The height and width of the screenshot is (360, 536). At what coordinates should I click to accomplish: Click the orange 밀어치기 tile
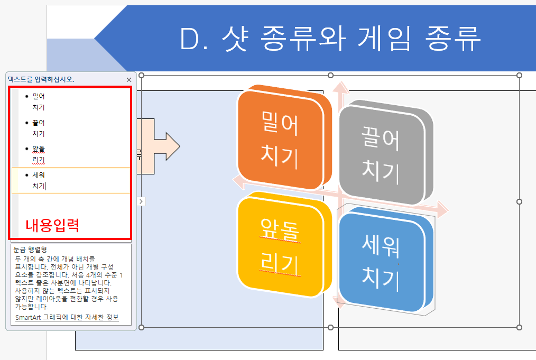[280, 139]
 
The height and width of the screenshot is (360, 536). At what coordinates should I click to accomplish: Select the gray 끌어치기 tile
[381, 153]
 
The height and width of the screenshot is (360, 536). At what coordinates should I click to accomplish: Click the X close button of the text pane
[129, 79]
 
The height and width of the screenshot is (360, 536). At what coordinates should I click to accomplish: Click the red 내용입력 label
[52, 226]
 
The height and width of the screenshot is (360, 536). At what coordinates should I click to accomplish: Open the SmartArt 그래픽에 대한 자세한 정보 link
[67, 317]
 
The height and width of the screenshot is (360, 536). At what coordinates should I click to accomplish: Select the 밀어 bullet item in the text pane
[39, 97]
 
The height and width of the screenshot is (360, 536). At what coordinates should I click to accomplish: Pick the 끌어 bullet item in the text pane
[39, 123]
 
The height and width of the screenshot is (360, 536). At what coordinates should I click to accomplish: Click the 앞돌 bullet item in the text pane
[39, 149]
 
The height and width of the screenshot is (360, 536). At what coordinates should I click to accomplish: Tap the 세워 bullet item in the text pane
[39, 175]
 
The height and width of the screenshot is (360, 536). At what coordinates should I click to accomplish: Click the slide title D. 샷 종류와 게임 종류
[330, 39]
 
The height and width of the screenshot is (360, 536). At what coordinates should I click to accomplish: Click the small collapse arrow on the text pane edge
[141, 201]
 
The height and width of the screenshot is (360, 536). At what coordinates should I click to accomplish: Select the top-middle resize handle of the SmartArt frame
[331, 76]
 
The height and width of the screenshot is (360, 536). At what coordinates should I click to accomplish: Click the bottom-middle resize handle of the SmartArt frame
[331, 328]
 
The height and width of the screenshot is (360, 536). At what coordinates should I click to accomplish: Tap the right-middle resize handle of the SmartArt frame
[519, 201]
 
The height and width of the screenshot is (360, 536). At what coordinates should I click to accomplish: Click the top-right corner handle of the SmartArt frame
[519, 76]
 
